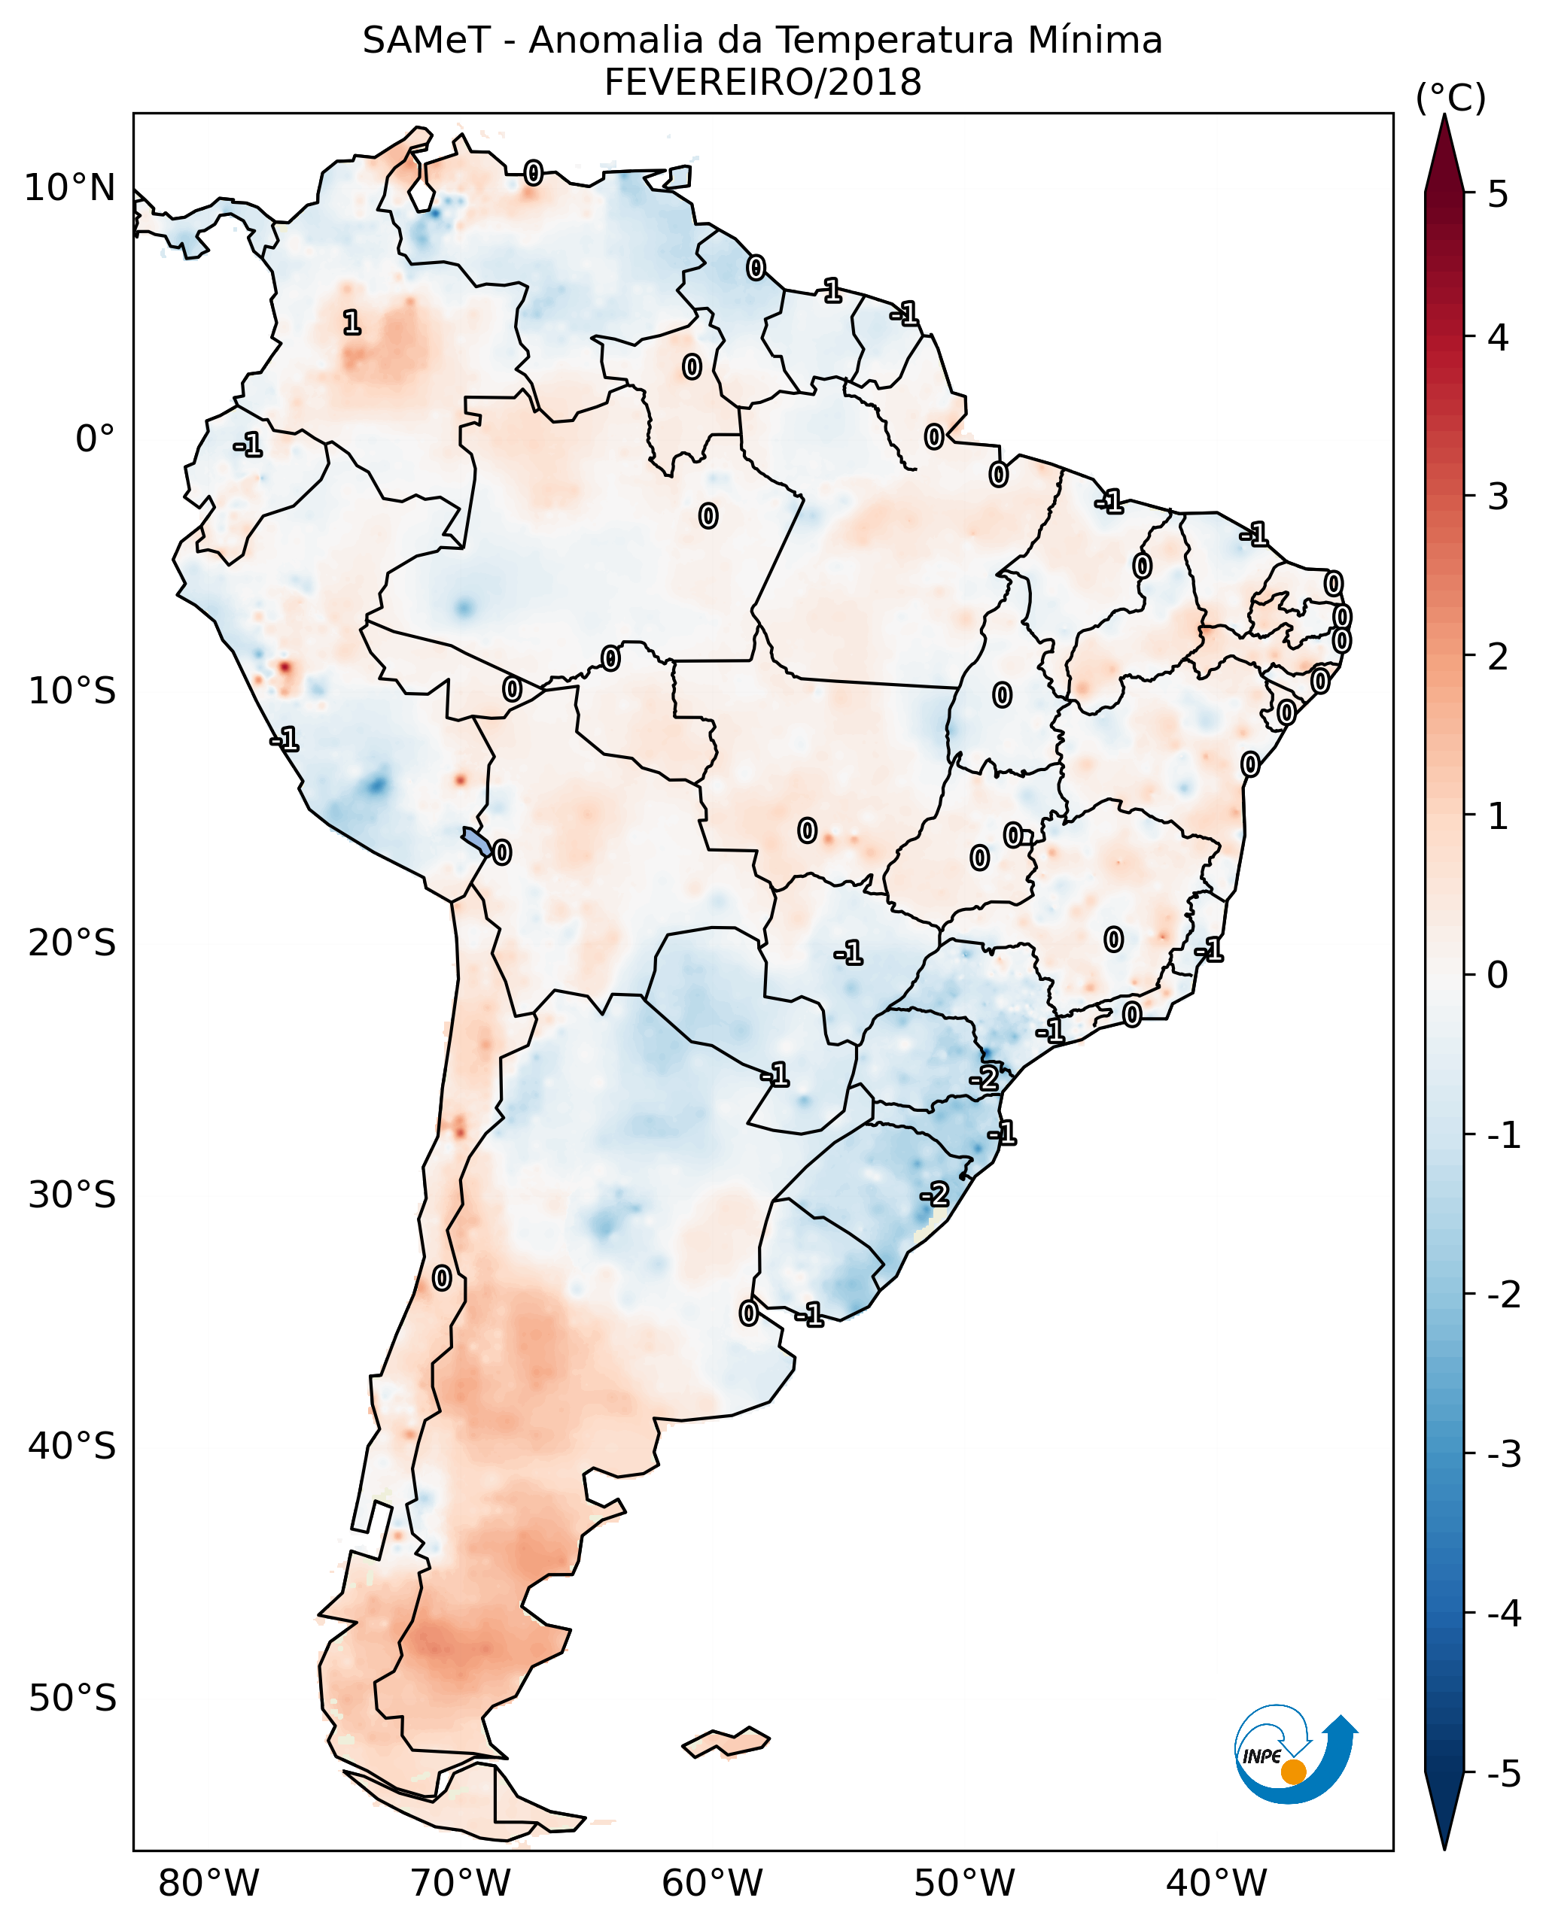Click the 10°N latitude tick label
[70, 188]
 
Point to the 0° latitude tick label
[95, 439]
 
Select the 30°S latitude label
[72, 1195]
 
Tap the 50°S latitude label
[72, 1699]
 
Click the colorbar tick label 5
[1498, 194]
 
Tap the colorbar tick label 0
[1498, 974]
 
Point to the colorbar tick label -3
[1503, 1454]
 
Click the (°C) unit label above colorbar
[1450, 99]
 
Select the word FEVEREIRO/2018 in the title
[762, 83]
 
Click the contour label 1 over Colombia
[352, 322]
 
